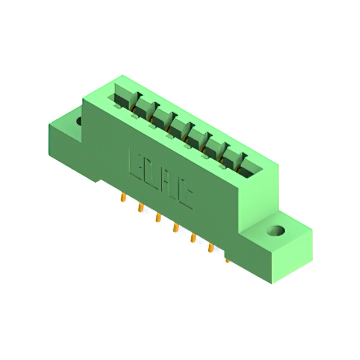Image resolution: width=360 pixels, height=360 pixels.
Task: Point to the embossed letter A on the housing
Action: coord(168,186)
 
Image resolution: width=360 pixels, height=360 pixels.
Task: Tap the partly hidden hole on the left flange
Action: coord(79,120)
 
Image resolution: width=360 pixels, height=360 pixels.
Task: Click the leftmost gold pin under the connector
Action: coord(122,198)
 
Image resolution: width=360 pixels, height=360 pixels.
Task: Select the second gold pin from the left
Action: coord(139,208)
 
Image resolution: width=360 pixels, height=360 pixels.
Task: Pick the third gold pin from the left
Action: coord(158,218)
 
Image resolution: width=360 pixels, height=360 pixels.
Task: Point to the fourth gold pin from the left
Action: coord(175,228)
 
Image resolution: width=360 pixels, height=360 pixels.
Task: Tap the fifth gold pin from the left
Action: coord(192,238)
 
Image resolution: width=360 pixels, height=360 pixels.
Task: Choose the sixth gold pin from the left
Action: coord(210,247)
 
